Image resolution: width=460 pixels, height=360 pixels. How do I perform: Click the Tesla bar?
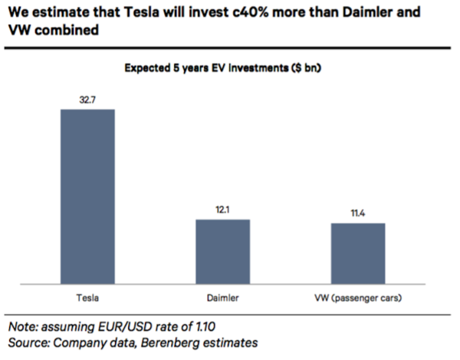pos(87,196)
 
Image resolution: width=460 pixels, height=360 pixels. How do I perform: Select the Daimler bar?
pos(222,251)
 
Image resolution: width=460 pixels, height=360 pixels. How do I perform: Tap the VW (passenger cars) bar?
pos(358,254)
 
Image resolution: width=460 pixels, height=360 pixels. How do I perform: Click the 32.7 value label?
pos(87,100)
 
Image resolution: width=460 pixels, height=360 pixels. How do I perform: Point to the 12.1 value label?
pos(222,210)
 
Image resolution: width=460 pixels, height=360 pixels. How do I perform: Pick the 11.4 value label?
pos(358,213)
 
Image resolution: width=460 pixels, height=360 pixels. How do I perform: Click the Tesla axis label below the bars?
pos(87,298)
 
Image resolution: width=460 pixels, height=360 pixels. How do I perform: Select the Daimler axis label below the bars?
pos(222,298)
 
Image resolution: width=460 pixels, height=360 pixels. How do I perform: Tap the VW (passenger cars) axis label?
pos(358,298)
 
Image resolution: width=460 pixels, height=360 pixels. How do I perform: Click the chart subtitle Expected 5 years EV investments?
pos(206,68)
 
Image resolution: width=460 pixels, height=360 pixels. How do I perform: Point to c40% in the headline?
pos(250,12)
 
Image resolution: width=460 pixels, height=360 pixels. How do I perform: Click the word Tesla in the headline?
pos(141,12)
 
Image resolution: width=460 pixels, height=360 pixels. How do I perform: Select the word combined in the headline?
pos(67,30)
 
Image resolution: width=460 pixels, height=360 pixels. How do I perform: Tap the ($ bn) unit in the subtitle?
pos(306,68)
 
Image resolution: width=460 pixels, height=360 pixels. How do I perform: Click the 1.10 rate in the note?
pos(206,326)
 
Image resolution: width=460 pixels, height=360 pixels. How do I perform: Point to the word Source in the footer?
pos(29,342)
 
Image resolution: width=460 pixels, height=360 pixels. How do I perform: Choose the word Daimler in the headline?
pos(366,12)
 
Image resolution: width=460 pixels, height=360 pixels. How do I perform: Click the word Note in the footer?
pos(24,326)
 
